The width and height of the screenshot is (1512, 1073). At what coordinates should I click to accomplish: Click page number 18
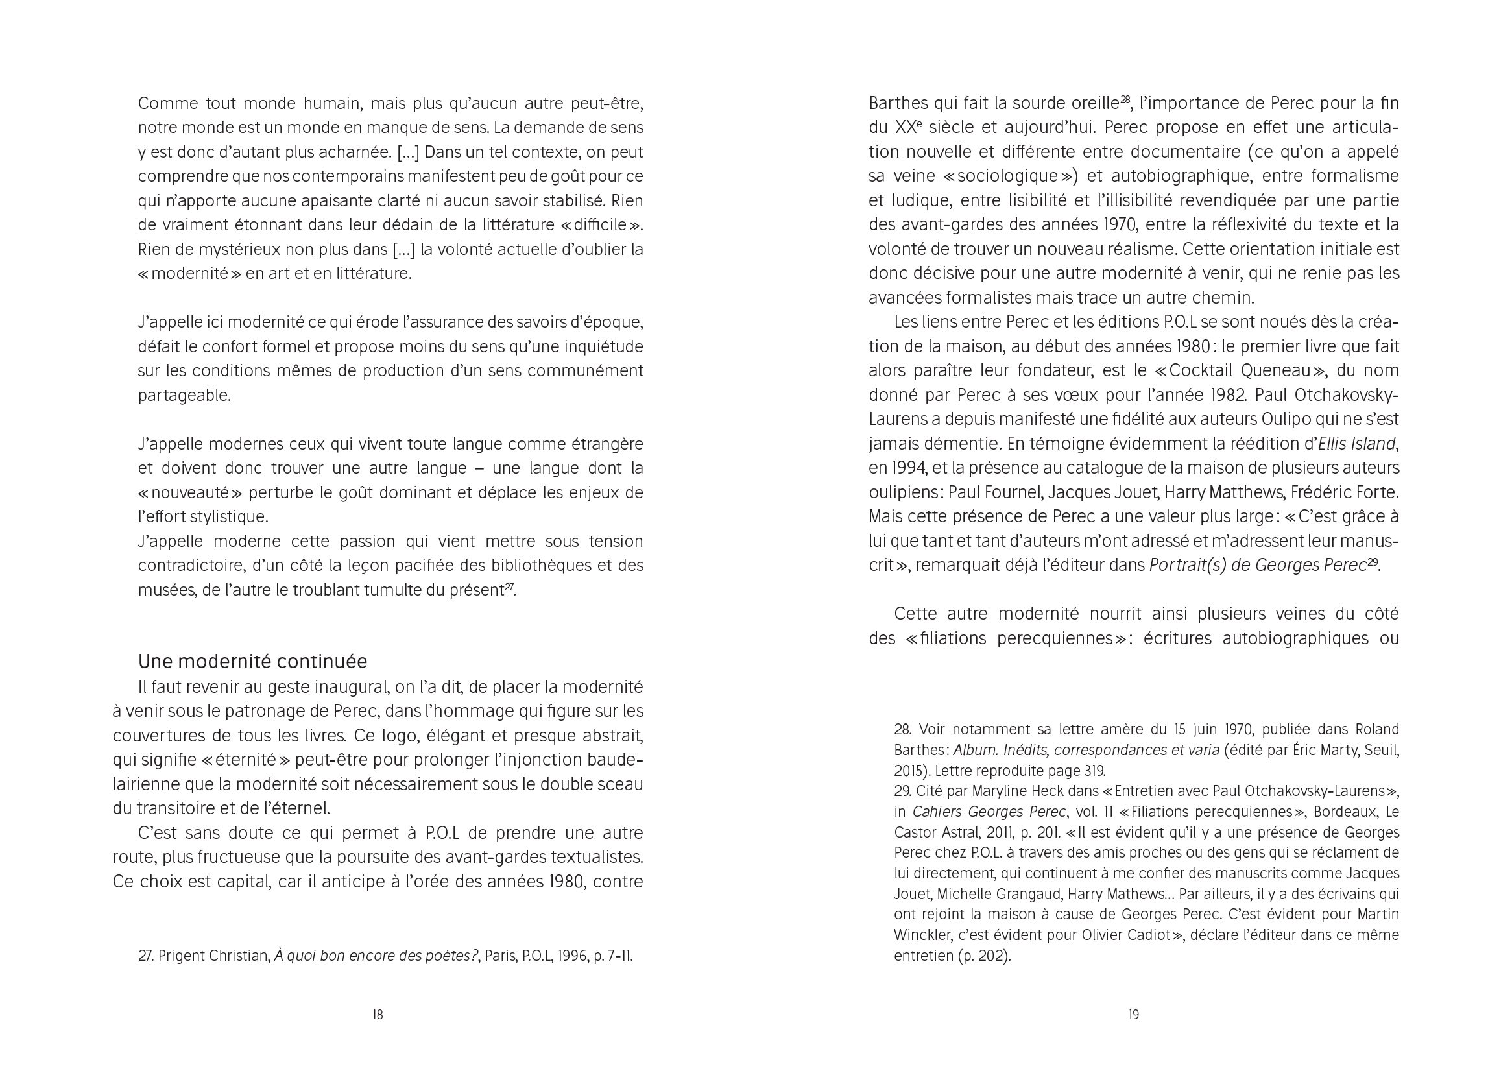(378, 1015)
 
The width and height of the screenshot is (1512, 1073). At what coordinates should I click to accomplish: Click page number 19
(1133, 1015)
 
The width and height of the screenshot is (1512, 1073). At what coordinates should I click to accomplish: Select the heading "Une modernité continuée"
(252, 661)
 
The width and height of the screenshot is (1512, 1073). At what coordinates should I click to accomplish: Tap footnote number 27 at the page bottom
(145, 956)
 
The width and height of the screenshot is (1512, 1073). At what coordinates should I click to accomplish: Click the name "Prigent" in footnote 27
(180, 956)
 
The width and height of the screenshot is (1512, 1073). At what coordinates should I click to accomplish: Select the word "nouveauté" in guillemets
(189, 493)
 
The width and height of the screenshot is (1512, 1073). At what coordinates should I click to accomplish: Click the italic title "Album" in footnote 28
(974, 751)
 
